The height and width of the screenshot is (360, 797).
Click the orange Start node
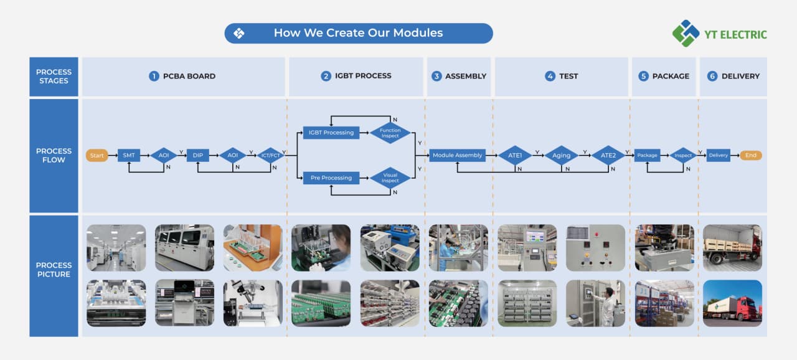pos(97,155)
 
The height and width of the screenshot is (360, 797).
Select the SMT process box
pos(129,155)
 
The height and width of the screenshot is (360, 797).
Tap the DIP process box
pos(198,155)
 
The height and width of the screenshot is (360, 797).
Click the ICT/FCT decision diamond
pos(270,155)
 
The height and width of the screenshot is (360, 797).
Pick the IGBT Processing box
pos(331,133)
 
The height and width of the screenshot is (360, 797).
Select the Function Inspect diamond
pos(390,133)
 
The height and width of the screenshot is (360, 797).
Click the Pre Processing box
pos(331,178)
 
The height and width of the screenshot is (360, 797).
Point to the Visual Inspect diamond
pos(390,178)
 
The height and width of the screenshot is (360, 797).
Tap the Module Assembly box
pos(458,155)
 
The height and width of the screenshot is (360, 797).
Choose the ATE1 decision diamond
pos(515,155)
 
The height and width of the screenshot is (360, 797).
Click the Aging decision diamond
pos(561,155)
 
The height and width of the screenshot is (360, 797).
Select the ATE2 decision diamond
pos(608,155)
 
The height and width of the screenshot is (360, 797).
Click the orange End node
pos(751,155)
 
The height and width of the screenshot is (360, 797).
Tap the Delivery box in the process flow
pos(718,155)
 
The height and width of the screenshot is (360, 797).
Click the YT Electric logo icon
pos(686,33)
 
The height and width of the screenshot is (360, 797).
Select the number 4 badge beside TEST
pos(550,76)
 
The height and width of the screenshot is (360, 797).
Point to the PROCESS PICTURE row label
pos(54,270)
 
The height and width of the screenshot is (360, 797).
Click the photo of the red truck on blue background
pos(732,303)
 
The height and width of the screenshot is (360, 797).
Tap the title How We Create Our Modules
pos(358,33)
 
